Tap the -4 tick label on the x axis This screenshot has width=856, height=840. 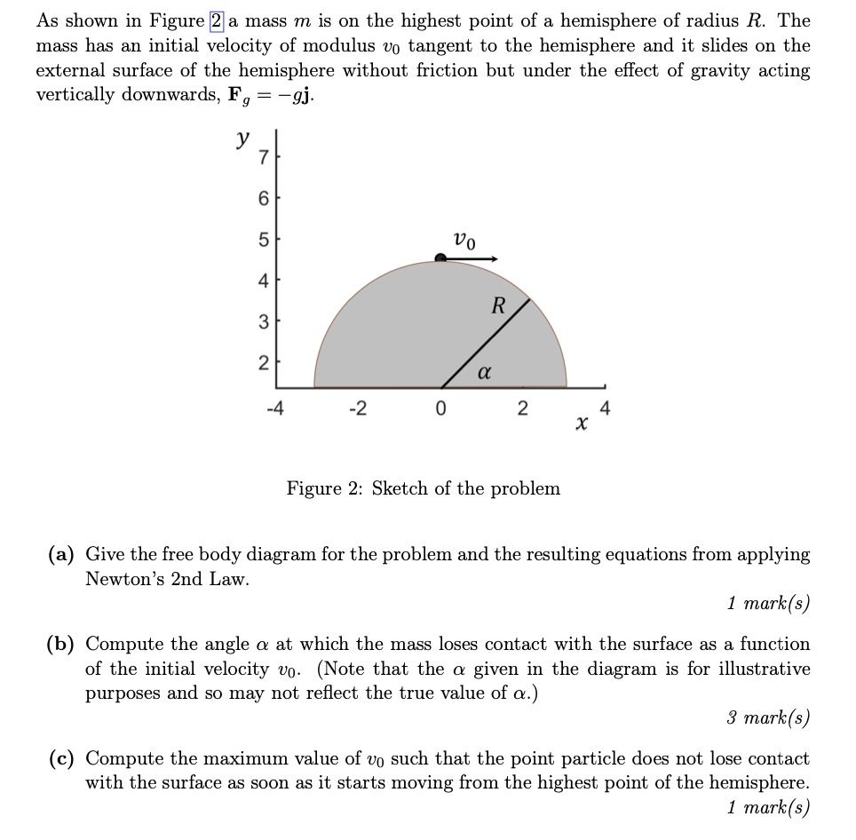coord(275,409)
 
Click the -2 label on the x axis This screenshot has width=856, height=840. coord(356,409)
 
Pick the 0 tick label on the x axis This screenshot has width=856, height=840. coord(441,409)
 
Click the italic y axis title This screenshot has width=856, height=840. coord(241,140)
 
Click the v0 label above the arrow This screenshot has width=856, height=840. coord(464,239)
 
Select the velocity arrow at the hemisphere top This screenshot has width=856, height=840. coord(471,258)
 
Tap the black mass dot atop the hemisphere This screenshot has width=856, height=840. coord(440,258)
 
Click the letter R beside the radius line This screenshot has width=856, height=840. coord(498,306)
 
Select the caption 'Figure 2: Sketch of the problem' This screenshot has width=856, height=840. coord(423,488)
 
